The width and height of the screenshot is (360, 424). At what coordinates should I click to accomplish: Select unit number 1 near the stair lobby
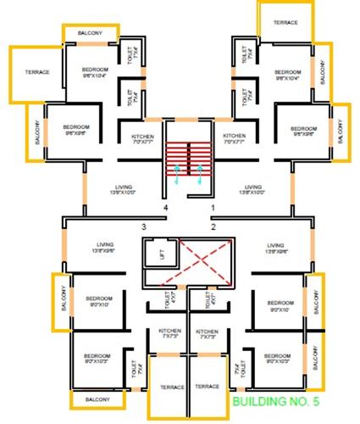[x=213, y=207]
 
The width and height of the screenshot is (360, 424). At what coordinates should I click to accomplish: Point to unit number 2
[x=213, y=226]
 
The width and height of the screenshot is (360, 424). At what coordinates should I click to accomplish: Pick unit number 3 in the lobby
[x=144, y=226]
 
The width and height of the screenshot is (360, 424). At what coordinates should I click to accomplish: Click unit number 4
[x=167, y=207]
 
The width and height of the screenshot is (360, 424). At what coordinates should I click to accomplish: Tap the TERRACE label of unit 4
[x=36, y=72]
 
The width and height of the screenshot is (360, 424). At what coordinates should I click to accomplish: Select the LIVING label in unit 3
[x=104, y=248]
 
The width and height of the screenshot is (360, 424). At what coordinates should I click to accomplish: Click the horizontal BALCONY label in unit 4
[x=90, y=32]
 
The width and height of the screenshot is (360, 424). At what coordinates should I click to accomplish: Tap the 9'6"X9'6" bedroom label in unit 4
[x=75, y=130]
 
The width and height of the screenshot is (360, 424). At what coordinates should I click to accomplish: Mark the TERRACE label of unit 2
[x=208, y=387]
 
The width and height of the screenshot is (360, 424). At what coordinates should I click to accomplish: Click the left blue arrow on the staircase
[x=177, y=175]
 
